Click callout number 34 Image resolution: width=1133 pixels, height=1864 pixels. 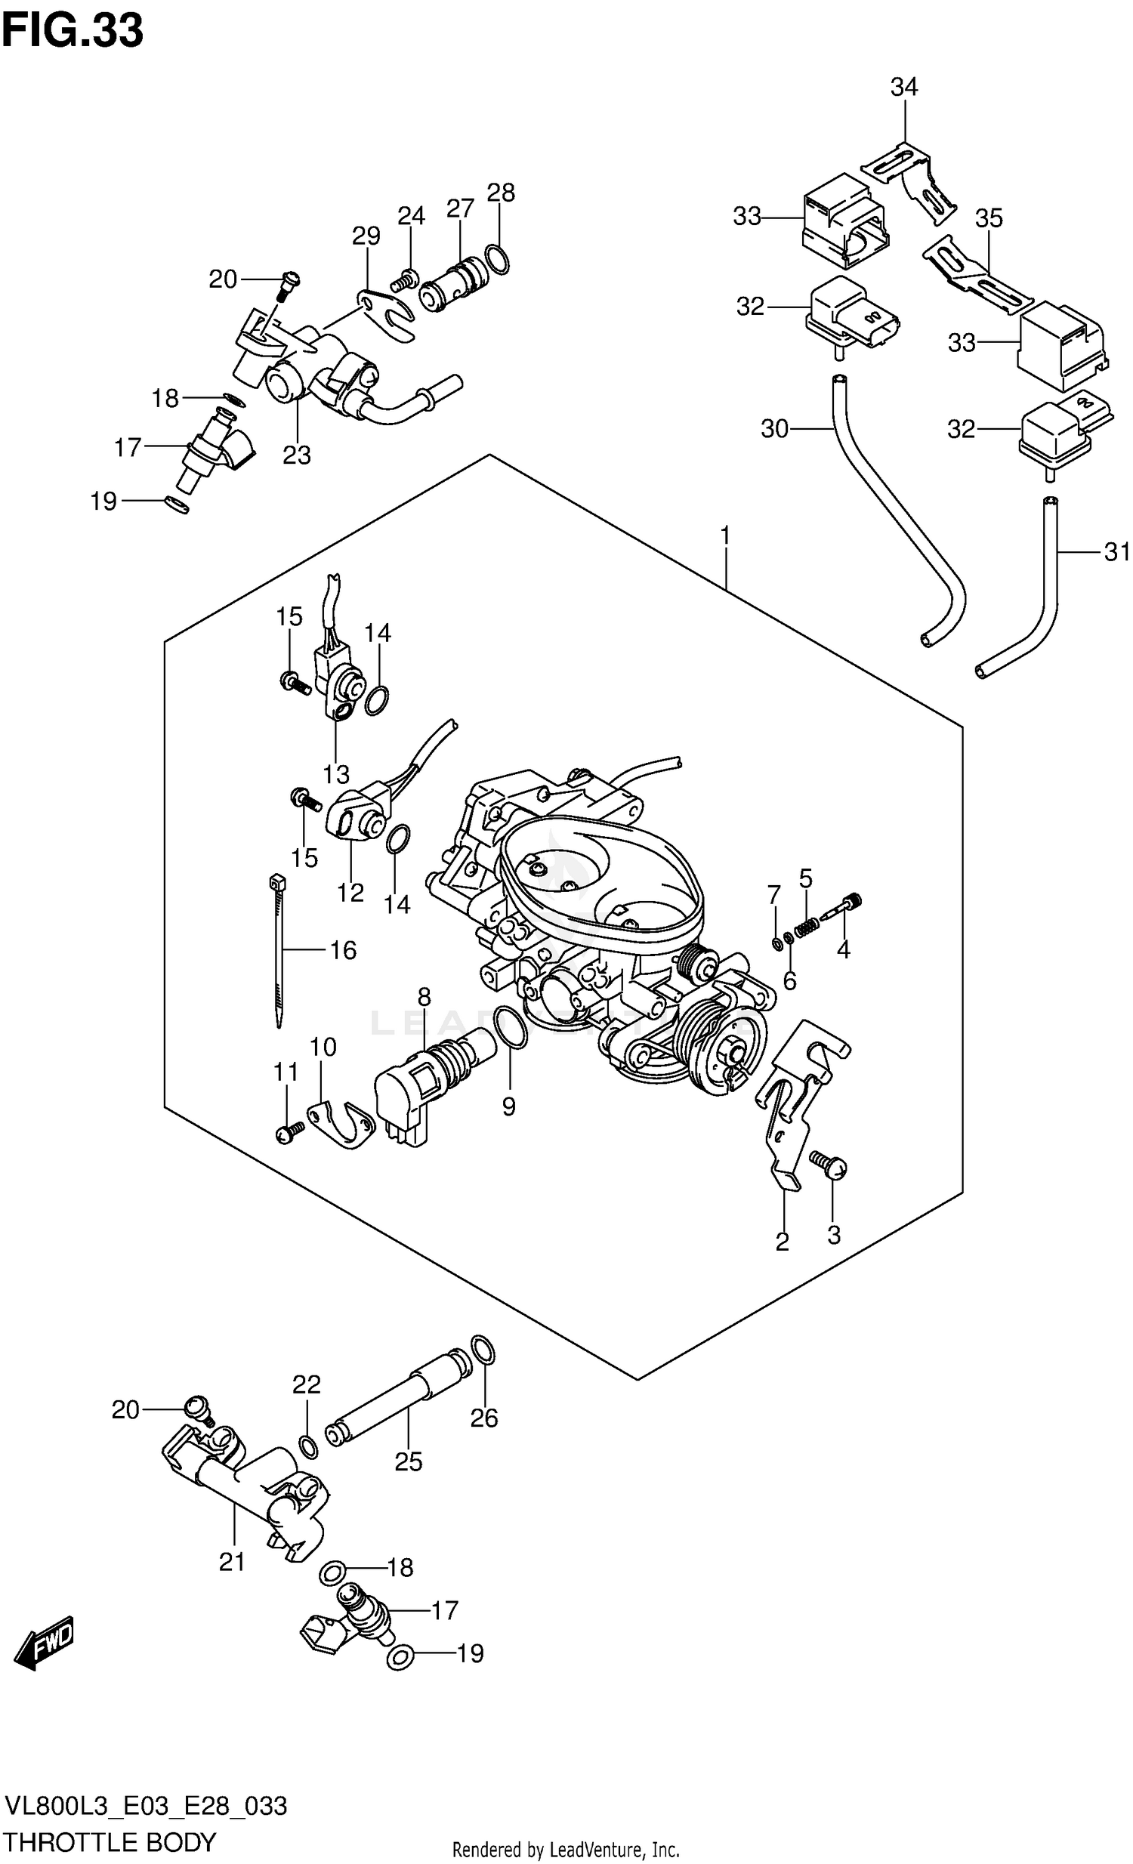pyautogui.click(x=903, y=88)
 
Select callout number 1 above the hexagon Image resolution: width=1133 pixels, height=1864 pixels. pyautogui.click(x=724, y=536)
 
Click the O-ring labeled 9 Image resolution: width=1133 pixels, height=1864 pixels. pyautogui.click(x=511, y=1028)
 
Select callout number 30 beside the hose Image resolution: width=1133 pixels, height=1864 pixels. pyautogui.click(x=774, y=429)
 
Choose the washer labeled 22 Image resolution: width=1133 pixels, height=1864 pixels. pyautogui.click(x=308, y=1446)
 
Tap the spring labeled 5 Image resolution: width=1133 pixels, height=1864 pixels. pyautogui.click(x=807, y=925)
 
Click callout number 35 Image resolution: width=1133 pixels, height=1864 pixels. pyautogui.click(x=989, y=218)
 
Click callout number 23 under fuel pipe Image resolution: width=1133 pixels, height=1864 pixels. pyautogui.click(x=297, y=455)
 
